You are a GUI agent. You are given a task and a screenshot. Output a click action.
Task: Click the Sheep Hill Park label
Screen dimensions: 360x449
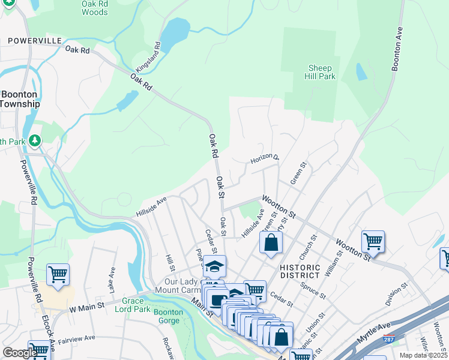pos(321,73)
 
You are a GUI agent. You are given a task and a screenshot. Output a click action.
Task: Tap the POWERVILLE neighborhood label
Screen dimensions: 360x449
pos(35,40)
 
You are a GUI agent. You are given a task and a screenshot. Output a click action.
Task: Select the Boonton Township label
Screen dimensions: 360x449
pos(19,99)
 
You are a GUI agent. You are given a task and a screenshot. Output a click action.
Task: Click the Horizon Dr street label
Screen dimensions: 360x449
pos(265,159)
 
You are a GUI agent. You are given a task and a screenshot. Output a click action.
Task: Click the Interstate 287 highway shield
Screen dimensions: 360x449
pos(390,340)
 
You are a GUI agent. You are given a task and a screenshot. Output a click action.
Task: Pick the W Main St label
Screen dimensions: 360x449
pos(86,307)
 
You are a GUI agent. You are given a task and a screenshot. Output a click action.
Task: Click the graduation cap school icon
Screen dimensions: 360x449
pos(214,266)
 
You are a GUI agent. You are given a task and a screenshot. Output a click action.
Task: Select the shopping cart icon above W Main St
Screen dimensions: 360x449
pos(58,274)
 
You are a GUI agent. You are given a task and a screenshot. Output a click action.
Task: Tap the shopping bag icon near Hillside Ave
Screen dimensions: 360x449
pos(271,242)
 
